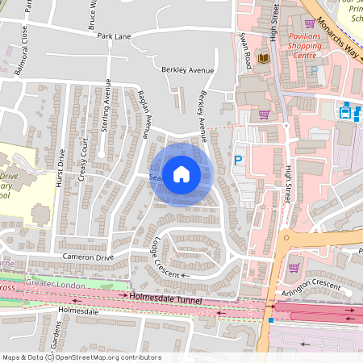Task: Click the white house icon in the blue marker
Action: tap(181, 173)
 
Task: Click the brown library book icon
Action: tap(262, 59)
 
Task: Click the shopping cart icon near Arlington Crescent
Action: tap(294, 268)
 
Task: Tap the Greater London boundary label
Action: tap(53, 284)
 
